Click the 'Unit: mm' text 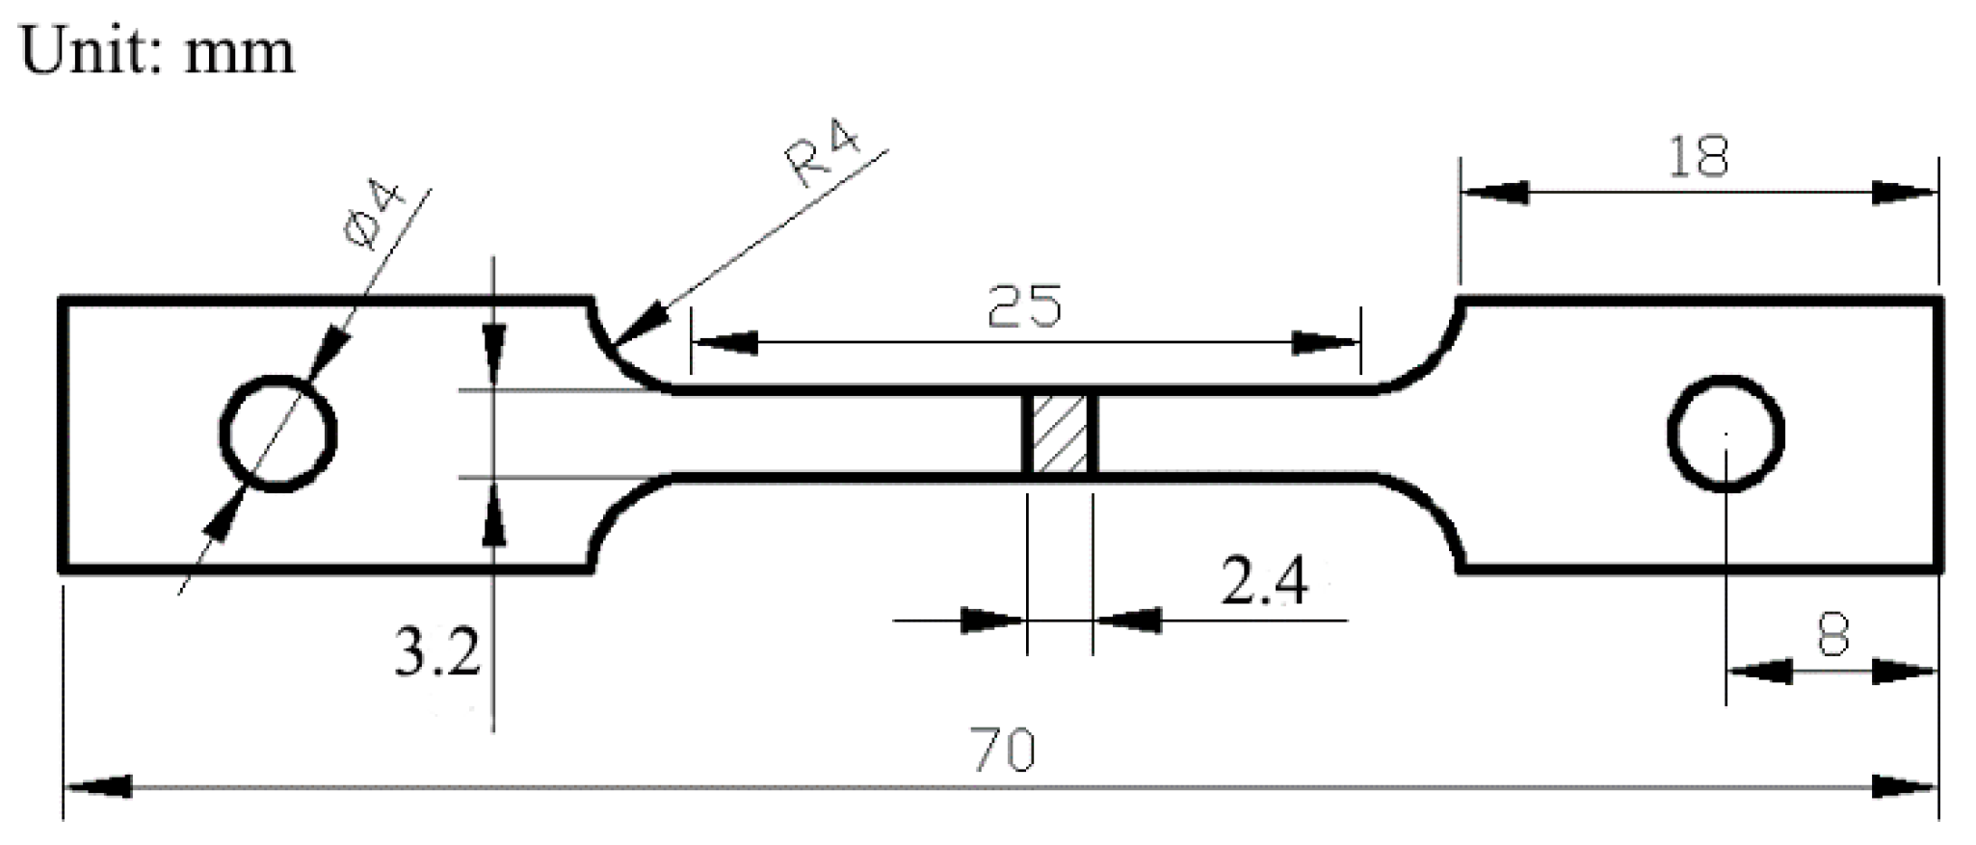[x=157, y=50]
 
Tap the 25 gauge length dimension [x=1024, y=307]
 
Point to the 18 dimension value [x=1698, y=157]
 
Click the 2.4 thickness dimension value [x=1264, y=582]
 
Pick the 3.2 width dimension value [x=436, y=654]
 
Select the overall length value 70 [x=1003, y=751]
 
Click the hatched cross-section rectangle [x=1060, y=433]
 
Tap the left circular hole [x=278, y=434]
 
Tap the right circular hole [x=1726, y=434]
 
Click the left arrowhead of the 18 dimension [x=1494, y=192]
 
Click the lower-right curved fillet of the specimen [x=1426, y=511]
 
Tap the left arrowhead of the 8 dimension [x=1759, y=672]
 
